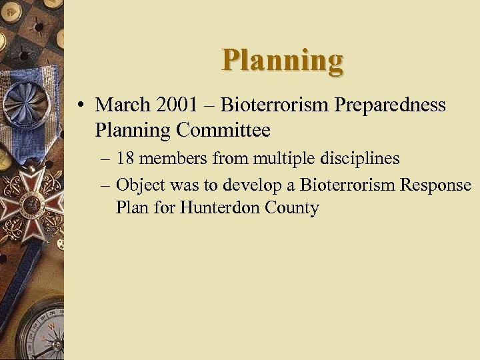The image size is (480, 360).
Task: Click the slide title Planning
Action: [x=283, y=61]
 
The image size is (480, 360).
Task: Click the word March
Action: [x=124, y=105]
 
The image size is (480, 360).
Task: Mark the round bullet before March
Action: [x=80, y=105]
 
